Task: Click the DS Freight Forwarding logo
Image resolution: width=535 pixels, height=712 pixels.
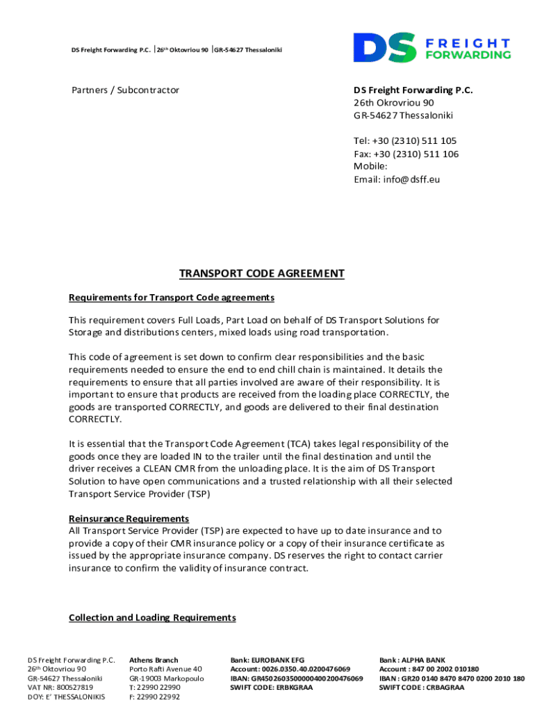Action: tap(431, 47)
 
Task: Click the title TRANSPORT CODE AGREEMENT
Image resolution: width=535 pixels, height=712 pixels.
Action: tap(262, 273)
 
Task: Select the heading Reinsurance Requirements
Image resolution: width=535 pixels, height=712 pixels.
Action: tap(129, 519)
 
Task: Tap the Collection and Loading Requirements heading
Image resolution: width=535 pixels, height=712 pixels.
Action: tap(152, 617)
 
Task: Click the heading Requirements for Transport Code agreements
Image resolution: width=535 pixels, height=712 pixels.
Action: tap(172, 298)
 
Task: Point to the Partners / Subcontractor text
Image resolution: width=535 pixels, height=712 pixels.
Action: tap(126, 90)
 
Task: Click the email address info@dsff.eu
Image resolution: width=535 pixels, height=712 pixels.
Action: tap(397, 179)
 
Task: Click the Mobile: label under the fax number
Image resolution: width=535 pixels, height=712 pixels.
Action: tap(370, 167)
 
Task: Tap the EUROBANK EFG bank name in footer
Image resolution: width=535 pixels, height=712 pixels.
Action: tap(267, 660)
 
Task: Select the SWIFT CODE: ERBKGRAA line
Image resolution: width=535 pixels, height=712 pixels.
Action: tap(271, 688)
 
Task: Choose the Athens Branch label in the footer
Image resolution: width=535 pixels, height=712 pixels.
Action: tap(154, 660)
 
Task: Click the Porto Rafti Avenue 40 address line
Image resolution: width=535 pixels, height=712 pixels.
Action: tap(165, 669)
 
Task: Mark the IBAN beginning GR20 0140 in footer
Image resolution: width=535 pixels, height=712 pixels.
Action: tap(452, 679)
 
